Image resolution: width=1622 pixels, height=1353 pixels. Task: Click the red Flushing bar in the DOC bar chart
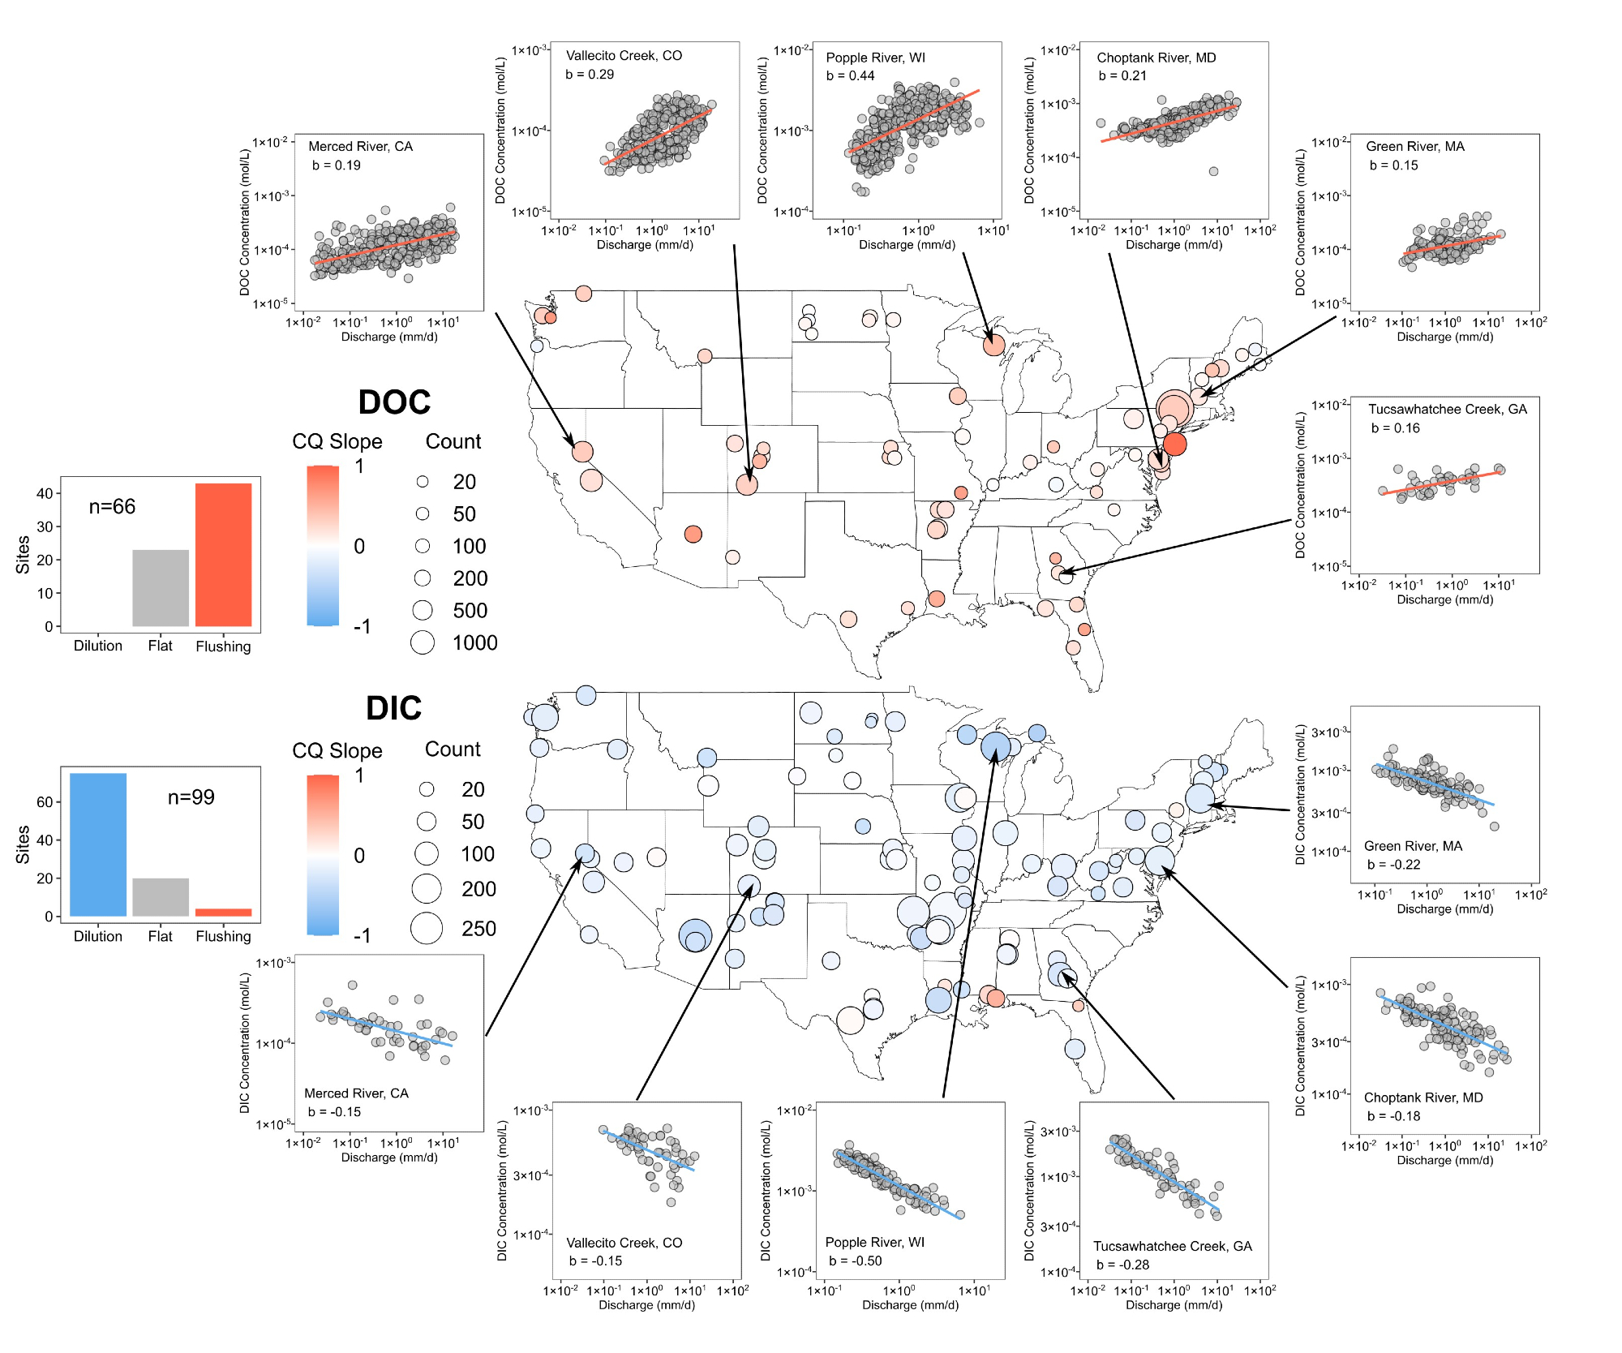click(223, 555)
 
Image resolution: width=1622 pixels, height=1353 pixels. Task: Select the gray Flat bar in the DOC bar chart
click(161, 588)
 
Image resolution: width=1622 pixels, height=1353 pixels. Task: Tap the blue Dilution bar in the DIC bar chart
click(98, 844)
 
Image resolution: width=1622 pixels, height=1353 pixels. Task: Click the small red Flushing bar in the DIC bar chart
click(223, 913)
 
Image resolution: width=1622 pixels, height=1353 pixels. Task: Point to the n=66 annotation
click(112, 507)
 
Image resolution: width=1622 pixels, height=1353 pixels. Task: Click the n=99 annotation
click(191, 797)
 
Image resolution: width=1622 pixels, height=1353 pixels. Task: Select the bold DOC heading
click(394, 402)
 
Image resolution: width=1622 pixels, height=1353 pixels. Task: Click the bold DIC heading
click(393, 708)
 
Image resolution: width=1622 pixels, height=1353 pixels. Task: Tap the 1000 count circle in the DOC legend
click(423, 642)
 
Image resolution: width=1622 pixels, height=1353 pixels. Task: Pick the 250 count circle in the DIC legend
click(427, 928)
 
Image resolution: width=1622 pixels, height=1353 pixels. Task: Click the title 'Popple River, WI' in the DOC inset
click(875, 58)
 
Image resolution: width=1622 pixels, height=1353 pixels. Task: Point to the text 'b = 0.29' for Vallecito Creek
click(590, 75)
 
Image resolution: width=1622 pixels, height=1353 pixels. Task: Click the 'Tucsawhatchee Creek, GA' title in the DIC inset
click(1172, 1246)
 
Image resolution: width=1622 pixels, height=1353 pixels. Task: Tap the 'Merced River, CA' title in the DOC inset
click(360, 146)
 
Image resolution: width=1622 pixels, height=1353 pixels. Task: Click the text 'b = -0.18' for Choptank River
click(1393, 1116)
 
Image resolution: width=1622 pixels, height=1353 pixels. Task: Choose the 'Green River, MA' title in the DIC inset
click(1413, 846)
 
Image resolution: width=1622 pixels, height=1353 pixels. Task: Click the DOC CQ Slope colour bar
click(323, 545)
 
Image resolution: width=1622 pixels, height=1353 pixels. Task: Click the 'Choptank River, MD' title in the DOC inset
click(1156, 58)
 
